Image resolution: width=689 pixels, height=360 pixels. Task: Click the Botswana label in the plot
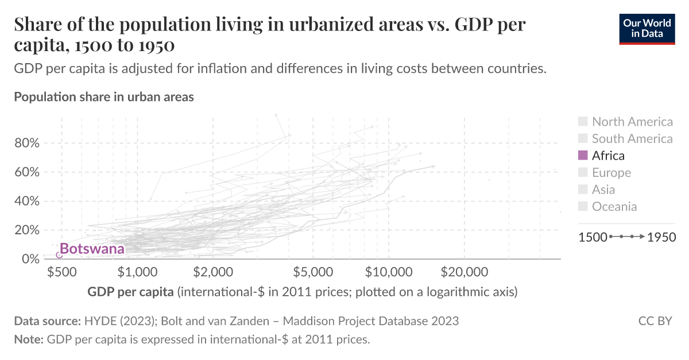[x=92, y=249]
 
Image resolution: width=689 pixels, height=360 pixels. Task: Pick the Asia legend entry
[x=603, y=189]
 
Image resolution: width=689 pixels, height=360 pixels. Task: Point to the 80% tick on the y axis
[x=26, y=143]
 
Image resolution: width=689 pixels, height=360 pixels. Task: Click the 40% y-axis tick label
[x=26, y=201]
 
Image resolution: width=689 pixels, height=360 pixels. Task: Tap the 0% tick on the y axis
[x=29, y=259]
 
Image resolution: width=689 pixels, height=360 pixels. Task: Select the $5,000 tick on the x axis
[x=313, y=272]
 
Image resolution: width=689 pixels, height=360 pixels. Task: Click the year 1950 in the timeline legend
[x=661, y=237]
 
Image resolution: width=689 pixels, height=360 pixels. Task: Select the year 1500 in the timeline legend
[x=592, y=237]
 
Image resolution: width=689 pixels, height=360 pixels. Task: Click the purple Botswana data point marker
[x=59, y=255]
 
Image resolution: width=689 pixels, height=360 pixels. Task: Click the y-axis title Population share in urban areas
[x=104, y=97]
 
